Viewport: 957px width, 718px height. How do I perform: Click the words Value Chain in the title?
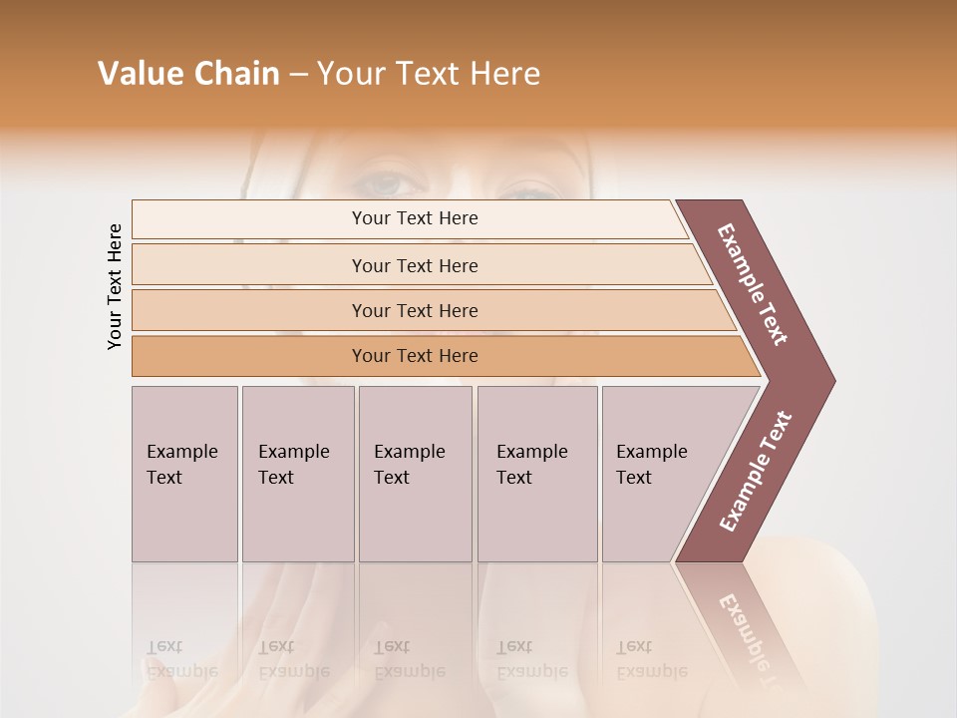pyautogui.click(x=188, y=74)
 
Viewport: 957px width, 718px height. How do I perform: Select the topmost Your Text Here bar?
pyautogui.click(x=414, y=218)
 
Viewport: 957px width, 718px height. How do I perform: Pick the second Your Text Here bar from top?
pyautogui.click(x=414, y=265)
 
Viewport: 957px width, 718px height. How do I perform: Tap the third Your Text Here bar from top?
pyautogui.click(x=414, y=310)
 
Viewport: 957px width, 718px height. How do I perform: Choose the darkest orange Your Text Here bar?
pyautogui.click(x=414, y=356)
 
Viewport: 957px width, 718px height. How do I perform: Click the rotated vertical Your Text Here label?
pyautogui.click(x=115, y=286)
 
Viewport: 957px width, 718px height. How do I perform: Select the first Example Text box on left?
pyautogui.click(x=184, y=474)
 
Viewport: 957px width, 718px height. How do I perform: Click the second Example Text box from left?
pyautogui.click(x=297, y=474)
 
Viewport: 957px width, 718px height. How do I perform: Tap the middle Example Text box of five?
pyautogui.click(x=415, y=474)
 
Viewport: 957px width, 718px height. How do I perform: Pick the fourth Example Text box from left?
pyautogui.click(x=536, y=474)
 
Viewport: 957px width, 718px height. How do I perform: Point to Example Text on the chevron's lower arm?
pyautogui.click(x=756, y=472)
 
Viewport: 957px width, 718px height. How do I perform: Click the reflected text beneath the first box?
pyautogui.click(x=181, y=659)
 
